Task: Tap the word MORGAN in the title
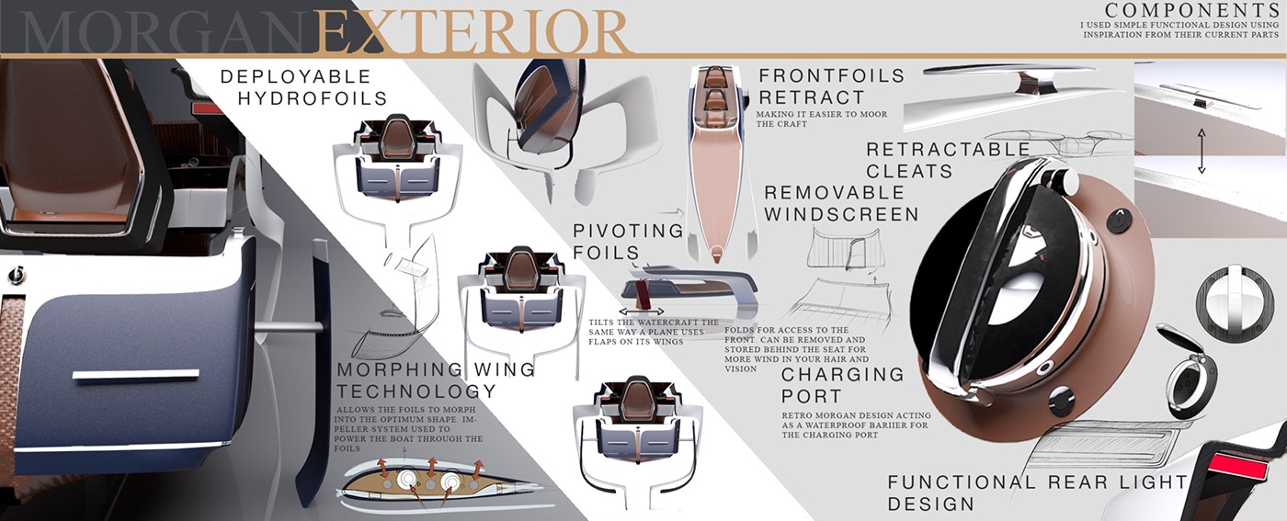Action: pos(165,33)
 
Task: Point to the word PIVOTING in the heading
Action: pos(628,231)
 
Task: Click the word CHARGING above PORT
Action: pos(843,374)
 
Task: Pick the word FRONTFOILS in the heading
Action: pos(831,75)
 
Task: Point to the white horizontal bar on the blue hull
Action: pos(135,374)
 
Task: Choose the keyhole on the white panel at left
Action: pos(15,275)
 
